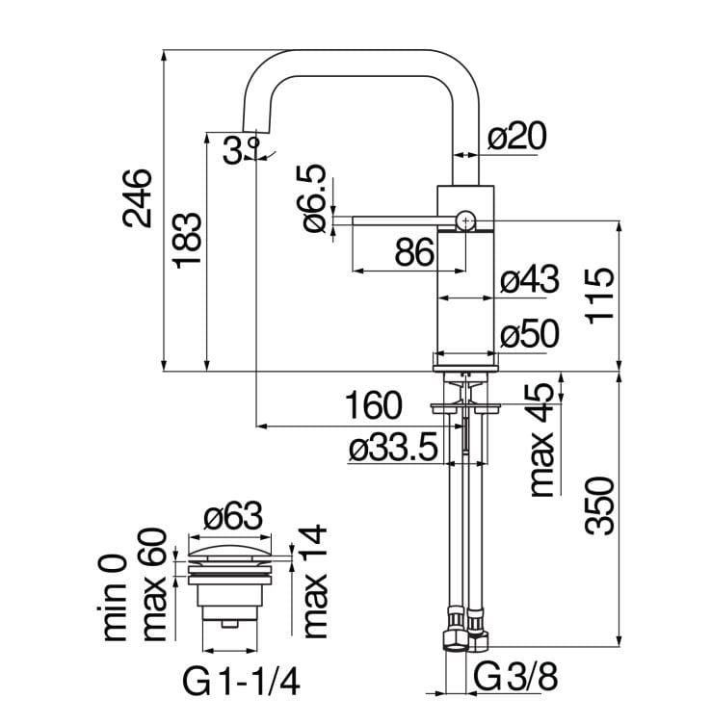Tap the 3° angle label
click(x=240, y=150)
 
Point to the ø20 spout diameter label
click(x=517, y=138)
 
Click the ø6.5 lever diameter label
click(x=313, y=198)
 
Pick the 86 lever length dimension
click(x=413, y=253)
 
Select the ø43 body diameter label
click(x=530, y=281)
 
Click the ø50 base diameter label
click(x=530, y=334)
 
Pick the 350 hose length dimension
click(x=598, y=504)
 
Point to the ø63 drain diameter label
click(x=234, y=519)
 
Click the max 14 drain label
click(x=314, y=582)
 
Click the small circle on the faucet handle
click(x=466, y=220)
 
